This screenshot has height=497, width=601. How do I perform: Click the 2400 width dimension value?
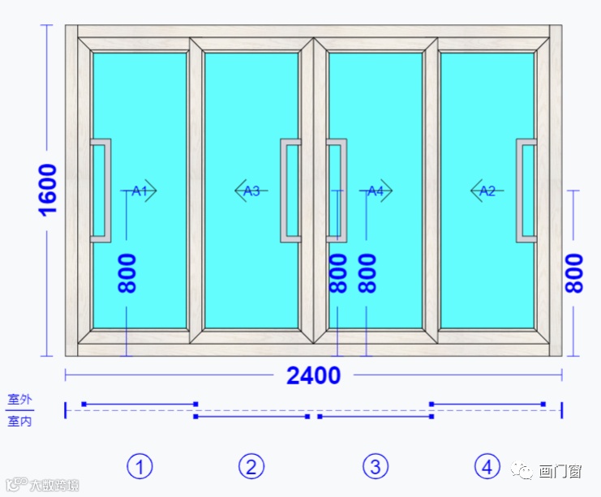[x=313, y=375]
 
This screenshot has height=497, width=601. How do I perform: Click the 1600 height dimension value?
[x=48, y=189]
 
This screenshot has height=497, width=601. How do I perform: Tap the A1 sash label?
[x=140, y=191]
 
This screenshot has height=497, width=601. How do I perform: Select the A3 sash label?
[x=251, y=191]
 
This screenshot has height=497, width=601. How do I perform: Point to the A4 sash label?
[x=376, y=191]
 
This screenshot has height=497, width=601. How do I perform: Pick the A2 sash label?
[x=487, y=191]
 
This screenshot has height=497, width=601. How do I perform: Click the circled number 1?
[x=140, y=466]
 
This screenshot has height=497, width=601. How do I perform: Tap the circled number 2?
[x=251, y=466]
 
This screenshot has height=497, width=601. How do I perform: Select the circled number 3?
[x=375, y=466]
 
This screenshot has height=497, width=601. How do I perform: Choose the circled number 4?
[x=487, y=466]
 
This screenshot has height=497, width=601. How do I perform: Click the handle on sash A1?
[x=101, y=191]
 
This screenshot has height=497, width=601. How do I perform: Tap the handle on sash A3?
[x=290, y=191]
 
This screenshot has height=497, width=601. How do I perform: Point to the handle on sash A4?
[x=337, y=191]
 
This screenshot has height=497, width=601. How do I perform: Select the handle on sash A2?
[x=526, y=191]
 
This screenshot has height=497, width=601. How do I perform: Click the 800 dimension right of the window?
[x=574, y=273]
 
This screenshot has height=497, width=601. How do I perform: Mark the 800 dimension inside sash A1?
[x=127, y=273]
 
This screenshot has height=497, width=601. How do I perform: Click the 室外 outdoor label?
[x=19, y=400]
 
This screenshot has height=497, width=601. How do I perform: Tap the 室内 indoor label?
[x=19, y=421]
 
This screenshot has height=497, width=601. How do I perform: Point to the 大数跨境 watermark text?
[x=54, y=486]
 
